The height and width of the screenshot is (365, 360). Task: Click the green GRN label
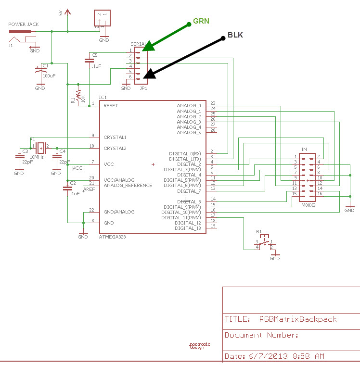pos(201,22)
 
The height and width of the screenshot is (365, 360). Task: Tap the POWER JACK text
pos(23,24)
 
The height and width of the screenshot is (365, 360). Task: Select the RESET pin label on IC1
pos(111,105)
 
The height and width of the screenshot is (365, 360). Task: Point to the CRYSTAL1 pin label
pos(115,137)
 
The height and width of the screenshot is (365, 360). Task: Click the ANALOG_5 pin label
pos(189,132)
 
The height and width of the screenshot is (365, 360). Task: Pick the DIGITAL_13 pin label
pos(188,228)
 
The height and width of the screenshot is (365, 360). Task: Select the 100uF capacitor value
pos(49,76)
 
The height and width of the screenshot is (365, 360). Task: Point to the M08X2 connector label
pos(308,205)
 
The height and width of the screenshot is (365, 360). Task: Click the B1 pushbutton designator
pos(259,231)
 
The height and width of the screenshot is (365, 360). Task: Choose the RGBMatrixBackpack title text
pos(298,319)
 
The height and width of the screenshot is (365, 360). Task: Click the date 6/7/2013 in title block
pos(268,356)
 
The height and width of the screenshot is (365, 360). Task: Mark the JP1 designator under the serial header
pos(143,88)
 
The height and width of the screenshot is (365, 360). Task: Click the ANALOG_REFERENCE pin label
pos(128,186)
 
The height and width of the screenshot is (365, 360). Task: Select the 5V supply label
pos(61,13)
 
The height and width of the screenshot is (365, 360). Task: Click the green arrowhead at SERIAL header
pos(149,45)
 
